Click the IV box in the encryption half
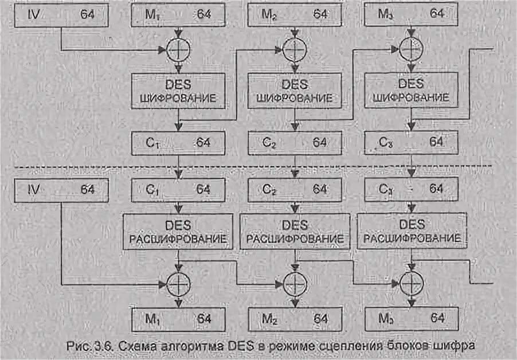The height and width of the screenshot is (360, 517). click(x=60, y=14)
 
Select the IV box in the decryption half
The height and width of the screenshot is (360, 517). click(x=60, y=189)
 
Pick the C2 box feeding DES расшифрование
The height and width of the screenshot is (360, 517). click(x=295, y=189)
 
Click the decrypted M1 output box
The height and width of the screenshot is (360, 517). click(x=178, y=318)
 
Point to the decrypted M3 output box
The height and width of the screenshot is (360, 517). click(x=412, y=318)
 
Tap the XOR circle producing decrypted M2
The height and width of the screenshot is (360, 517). click(x=295, y=282)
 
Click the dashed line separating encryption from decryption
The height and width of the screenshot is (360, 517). click(x=86, y=167)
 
